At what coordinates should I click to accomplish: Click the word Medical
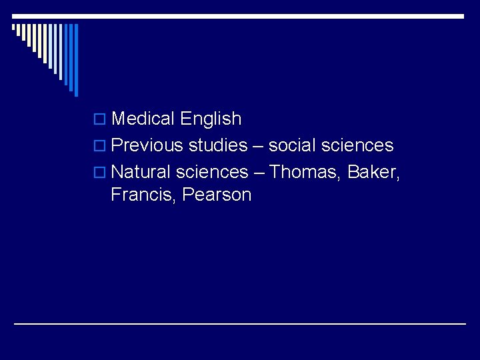[x=143, y=119]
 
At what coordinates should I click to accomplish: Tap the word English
[x=211, y=119]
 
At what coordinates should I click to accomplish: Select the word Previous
[x=147, y=145]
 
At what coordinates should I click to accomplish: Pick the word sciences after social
[x=360, y=145]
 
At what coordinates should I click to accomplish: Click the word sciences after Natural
[x=211, y=172]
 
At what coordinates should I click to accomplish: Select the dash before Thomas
[x=259, y=173]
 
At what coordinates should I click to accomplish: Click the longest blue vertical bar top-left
[x=76, y=60]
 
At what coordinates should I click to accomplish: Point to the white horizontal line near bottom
[x=240, y=324]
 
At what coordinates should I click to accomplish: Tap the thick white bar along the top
[x=240, y=16]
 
